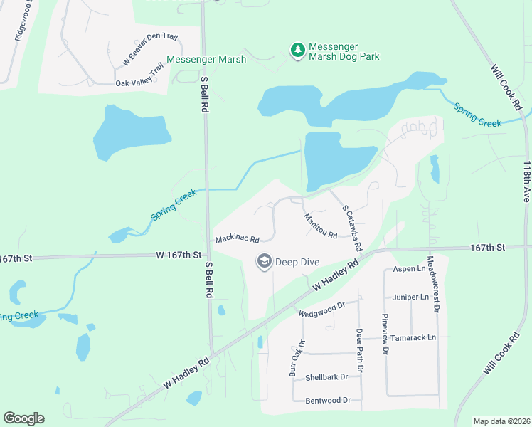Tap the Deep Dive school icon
click(265, 262)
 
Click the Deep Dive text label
click(298, 262)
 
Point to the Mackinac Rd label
click(236, 239)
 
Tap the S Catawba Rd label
click(352, 228)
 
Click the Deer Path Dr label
click(360, 351)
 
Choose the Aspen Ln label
click(409, 270)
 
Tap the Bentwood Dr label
click(328, 401)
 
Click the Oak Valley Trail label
click(139, 83)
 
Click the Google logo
click(23, 418)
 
